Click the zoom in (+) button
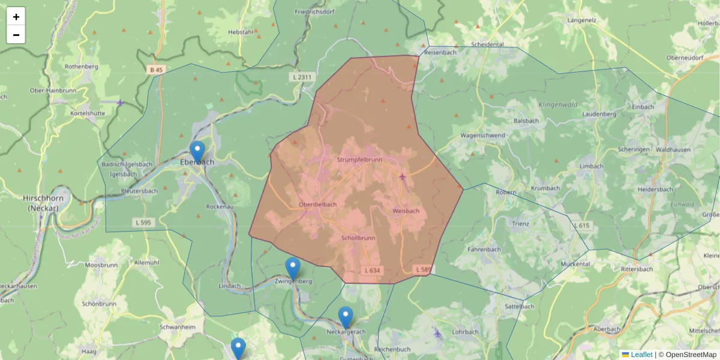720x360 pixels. [16, 17]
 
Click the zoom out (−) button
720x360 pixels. [16, 35]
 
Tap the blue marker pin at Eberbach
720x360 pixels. [197, 151]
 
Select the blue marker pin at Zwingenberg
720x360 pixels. [293, 268]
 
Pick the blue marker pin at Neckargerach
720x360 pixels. [346, 317]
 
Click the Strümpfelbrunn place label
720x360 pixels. [359, 160]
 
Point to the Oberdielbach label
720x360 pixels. [318, 205]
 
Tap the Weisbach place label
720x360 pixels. [406, 211]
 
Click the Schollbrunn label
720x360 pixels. [358, 238]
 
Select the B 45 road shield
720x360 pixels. [156, 70]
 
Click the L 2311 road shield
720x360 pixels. [301, 77]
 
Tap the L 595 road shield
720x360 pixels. [143, 223]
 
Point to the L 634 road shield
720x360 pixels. [372, 271]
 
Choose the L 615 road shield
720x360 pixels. [581, 225]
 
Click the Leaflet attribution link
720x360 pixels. [641, 355]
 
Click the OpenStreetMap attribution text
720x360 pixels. [688, 355]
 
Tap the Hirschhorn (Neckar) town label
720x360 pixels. [39, 203]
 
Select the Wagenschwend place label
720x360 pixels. [482, 136]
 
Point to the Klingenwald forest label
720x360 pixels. [558, 105]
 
